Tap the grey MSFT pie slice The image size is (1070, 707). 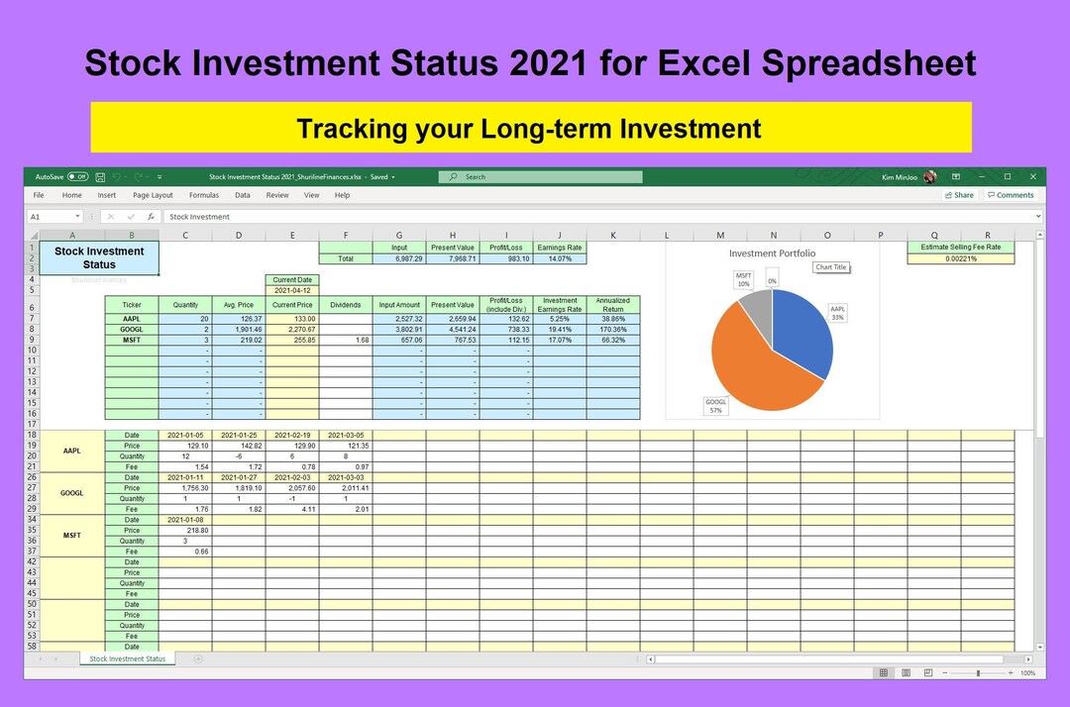755,307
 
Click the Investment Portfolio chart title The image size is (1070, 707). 772,253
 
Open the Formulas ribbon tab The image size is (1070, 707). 204,195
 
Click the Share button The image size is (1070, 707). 959,195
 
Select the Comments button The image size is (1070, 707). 1011,195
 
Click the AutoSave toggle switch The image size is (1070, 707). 77,177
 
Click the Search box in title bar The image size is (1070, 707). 540,177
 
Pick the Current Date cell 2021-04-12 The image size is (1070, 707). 292,290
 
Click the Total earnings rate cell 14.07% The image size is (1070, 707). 560,258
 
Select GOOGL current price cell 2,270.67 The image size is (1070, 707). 292,329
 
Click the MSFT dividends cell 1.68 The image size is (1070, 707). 346,340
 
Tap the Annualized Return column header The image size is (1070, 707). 613,305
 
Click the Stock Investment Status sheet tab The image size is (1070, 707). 128,658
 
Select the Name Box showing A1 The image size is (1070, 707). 54,217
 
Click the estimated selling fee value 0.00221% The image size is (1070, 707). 961,258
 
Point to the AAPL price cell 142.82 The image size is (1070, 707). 239,446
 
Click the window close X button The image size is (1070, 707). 1032,177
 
